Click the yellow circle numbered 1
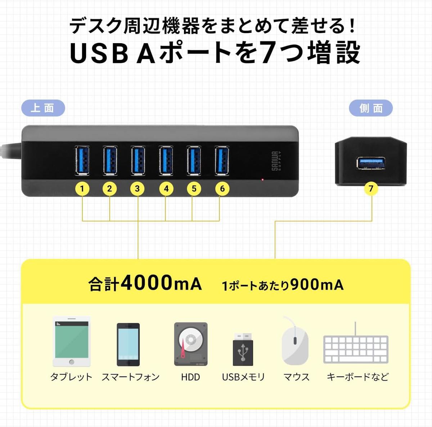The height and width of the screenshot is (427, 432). (x=82, y=188)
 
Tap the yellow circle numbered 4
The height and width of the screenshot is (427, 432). (x=166, y=188)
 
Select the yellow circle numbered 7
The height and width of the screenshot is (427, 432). (x=371, y=188)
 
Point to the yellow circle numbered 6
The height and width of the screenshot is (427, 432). (x=222, y=188)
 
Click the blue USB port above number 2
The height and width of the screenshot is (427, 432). (x=110, y=160)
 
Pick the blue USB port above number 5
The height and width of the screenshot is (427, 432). (x=194, y=160)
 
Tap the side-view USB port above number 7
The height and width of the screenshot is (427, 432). (x=371, y=163)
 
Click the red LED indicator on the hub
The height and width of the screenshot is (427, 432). (x=263, y=179)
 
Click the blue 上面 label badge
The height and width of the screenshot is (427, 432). (x=43, y=108)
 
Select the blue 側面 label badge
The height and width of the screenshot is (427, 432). (x=371, y=108)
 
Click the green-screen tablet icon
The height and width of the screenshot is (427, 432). (x=71, y=341)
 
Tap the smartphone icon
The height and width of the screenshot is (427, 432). (x=128, y=344)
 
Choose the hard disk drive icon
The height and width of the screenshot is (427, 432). (x=191, y=344)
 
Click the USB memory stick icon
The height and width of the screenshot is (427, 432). (x=243, y=349)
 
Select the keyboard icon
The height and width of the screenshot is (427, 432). (x=356, y=349)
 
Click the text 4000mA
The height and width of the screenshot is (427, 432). (x=161, y=283)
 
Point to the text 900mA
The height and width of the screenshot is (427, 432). (x=317, y=285)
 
